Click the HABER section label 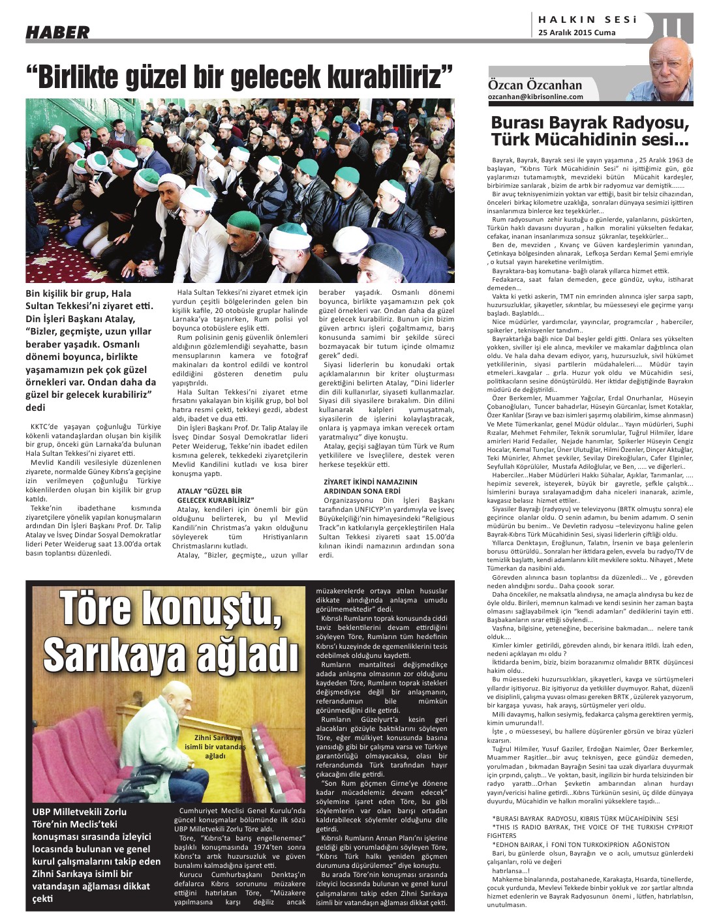point(57,32)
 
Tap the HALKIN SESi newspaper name point(587,20)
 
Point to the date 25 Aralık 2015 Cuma point(577,33)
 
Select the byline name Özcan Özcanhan point(535,85)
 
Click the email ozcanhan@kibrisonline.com point(536,97)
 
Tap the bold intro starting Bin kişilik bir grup point(91,350)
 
